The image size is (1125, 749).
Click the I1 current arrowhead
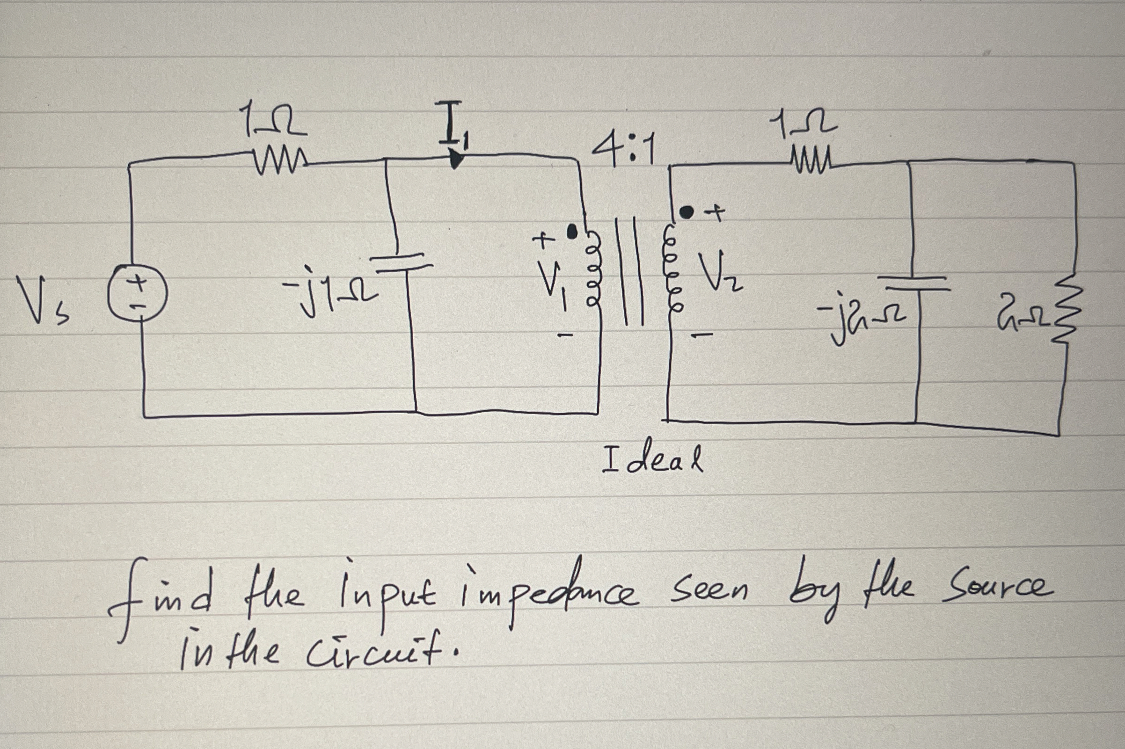point(456,159)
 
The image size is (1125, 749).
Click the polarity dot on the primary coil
point(571,232)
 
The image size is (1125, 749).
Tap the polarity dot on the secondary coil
point(687,211)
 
